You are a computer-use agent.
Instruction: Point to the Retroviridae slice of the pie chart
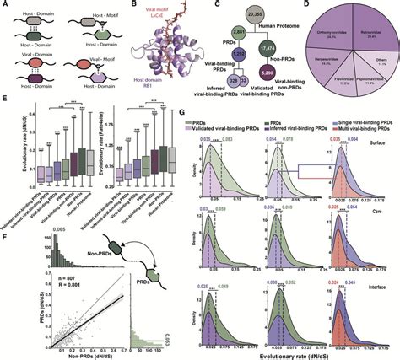368,31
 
